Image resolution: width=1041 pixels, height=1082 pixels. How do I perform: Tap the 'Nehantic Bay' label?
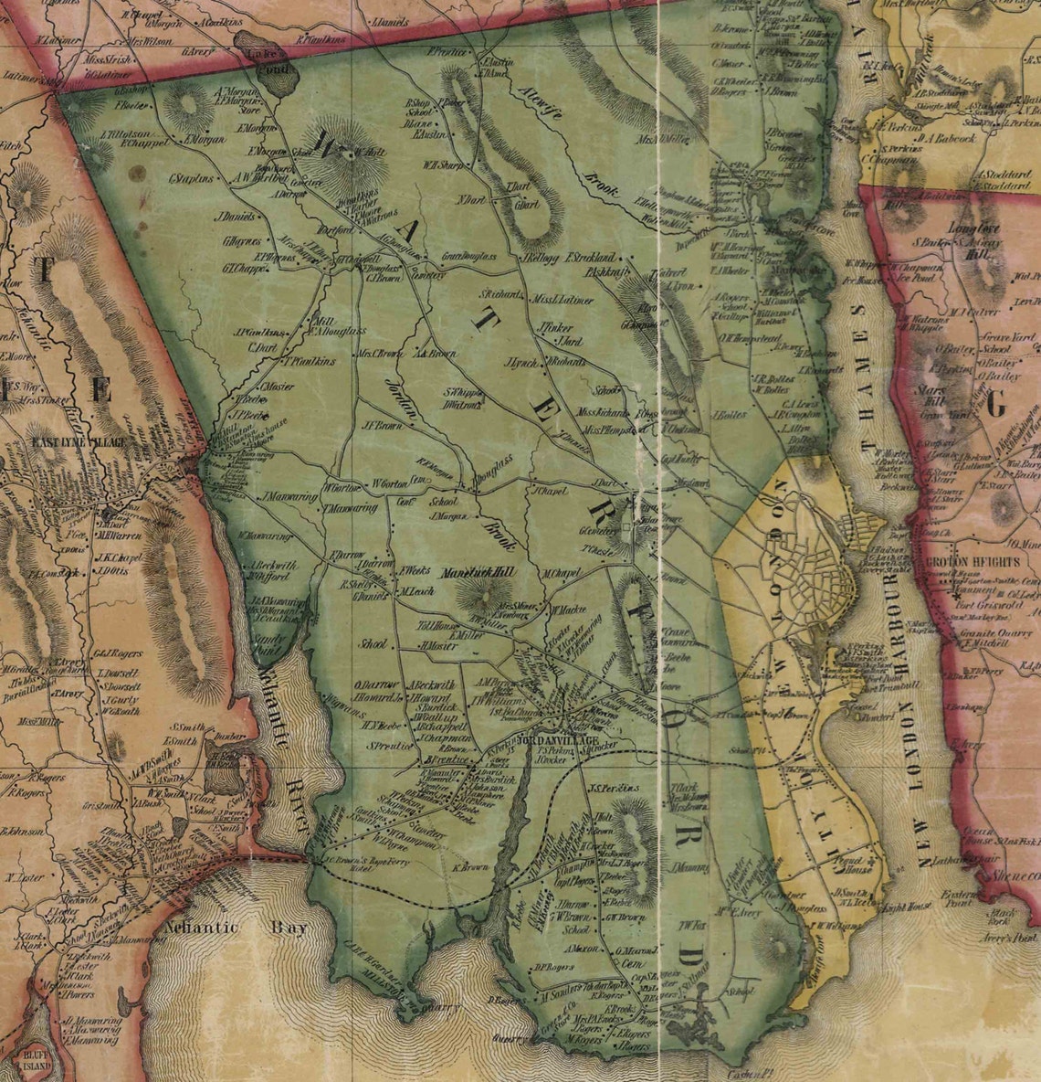click(x=237, y=928)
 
